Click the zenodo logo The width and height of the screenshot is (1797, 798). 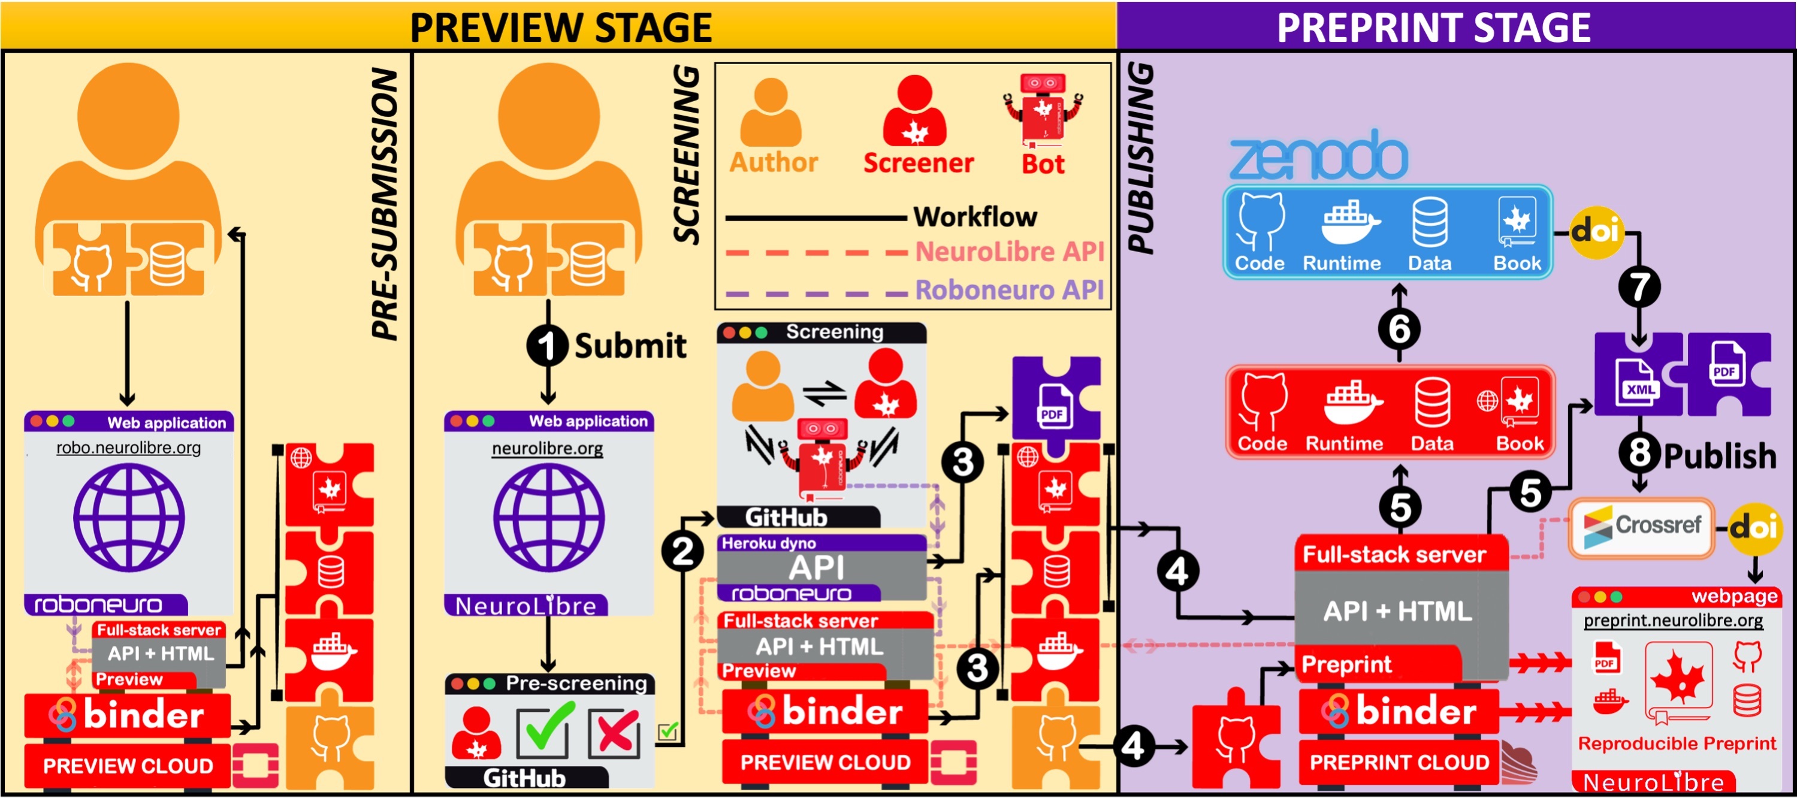tap(1318, 155)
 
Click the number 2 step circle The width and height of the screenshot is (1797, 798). tap(682, 552)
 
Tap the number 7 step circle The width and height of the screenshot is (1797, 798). tap(1639, 287)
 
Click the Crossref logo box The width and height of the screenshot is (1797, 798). tap(1641, 527)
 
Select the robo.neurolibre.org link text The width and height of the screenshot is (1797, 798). tap(128, 448)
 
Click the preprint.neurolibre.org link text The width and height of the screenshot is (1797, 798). tap(1673, 620)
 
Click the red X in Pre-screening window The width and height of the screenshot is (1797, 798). tap(615, 733)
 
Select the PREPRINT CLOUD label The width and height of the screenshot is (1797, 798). tap(1399, 763)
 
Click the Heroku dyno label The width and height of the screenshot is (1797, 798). tap(768, 543)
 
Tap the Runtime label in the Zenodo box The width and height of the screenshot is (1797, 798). tap(1342, 263)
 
